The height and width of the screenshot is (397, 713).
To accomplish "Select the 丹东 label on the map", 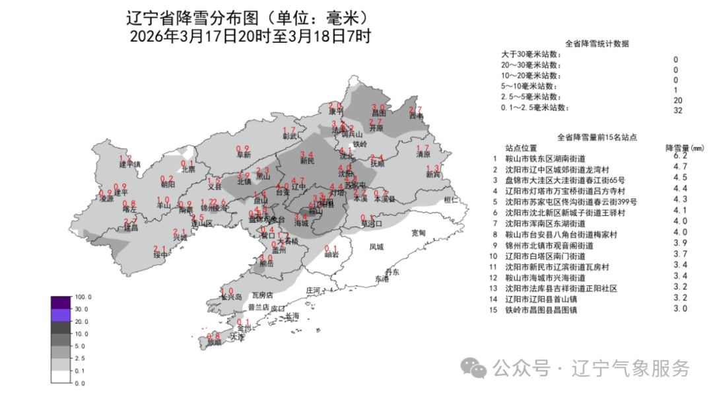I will tap(392, 272).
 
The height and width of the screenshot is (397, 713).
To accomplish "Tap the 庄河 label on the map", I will tap(313, 291).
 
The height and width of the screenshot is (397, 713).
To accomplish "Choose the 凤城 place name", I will tap(376, 247).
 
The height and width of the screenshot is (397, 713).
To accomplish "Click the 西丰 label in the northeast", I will tap(416, 117).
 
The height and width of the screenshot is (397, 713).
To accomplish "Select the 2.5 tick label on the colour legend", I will tap(80, 358).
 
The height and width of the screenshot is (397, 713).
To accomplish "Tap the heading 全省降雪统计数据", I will tap(597, 44).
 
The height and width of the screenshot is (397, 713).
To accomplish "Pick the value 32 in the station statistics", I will tap(677, 111).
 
